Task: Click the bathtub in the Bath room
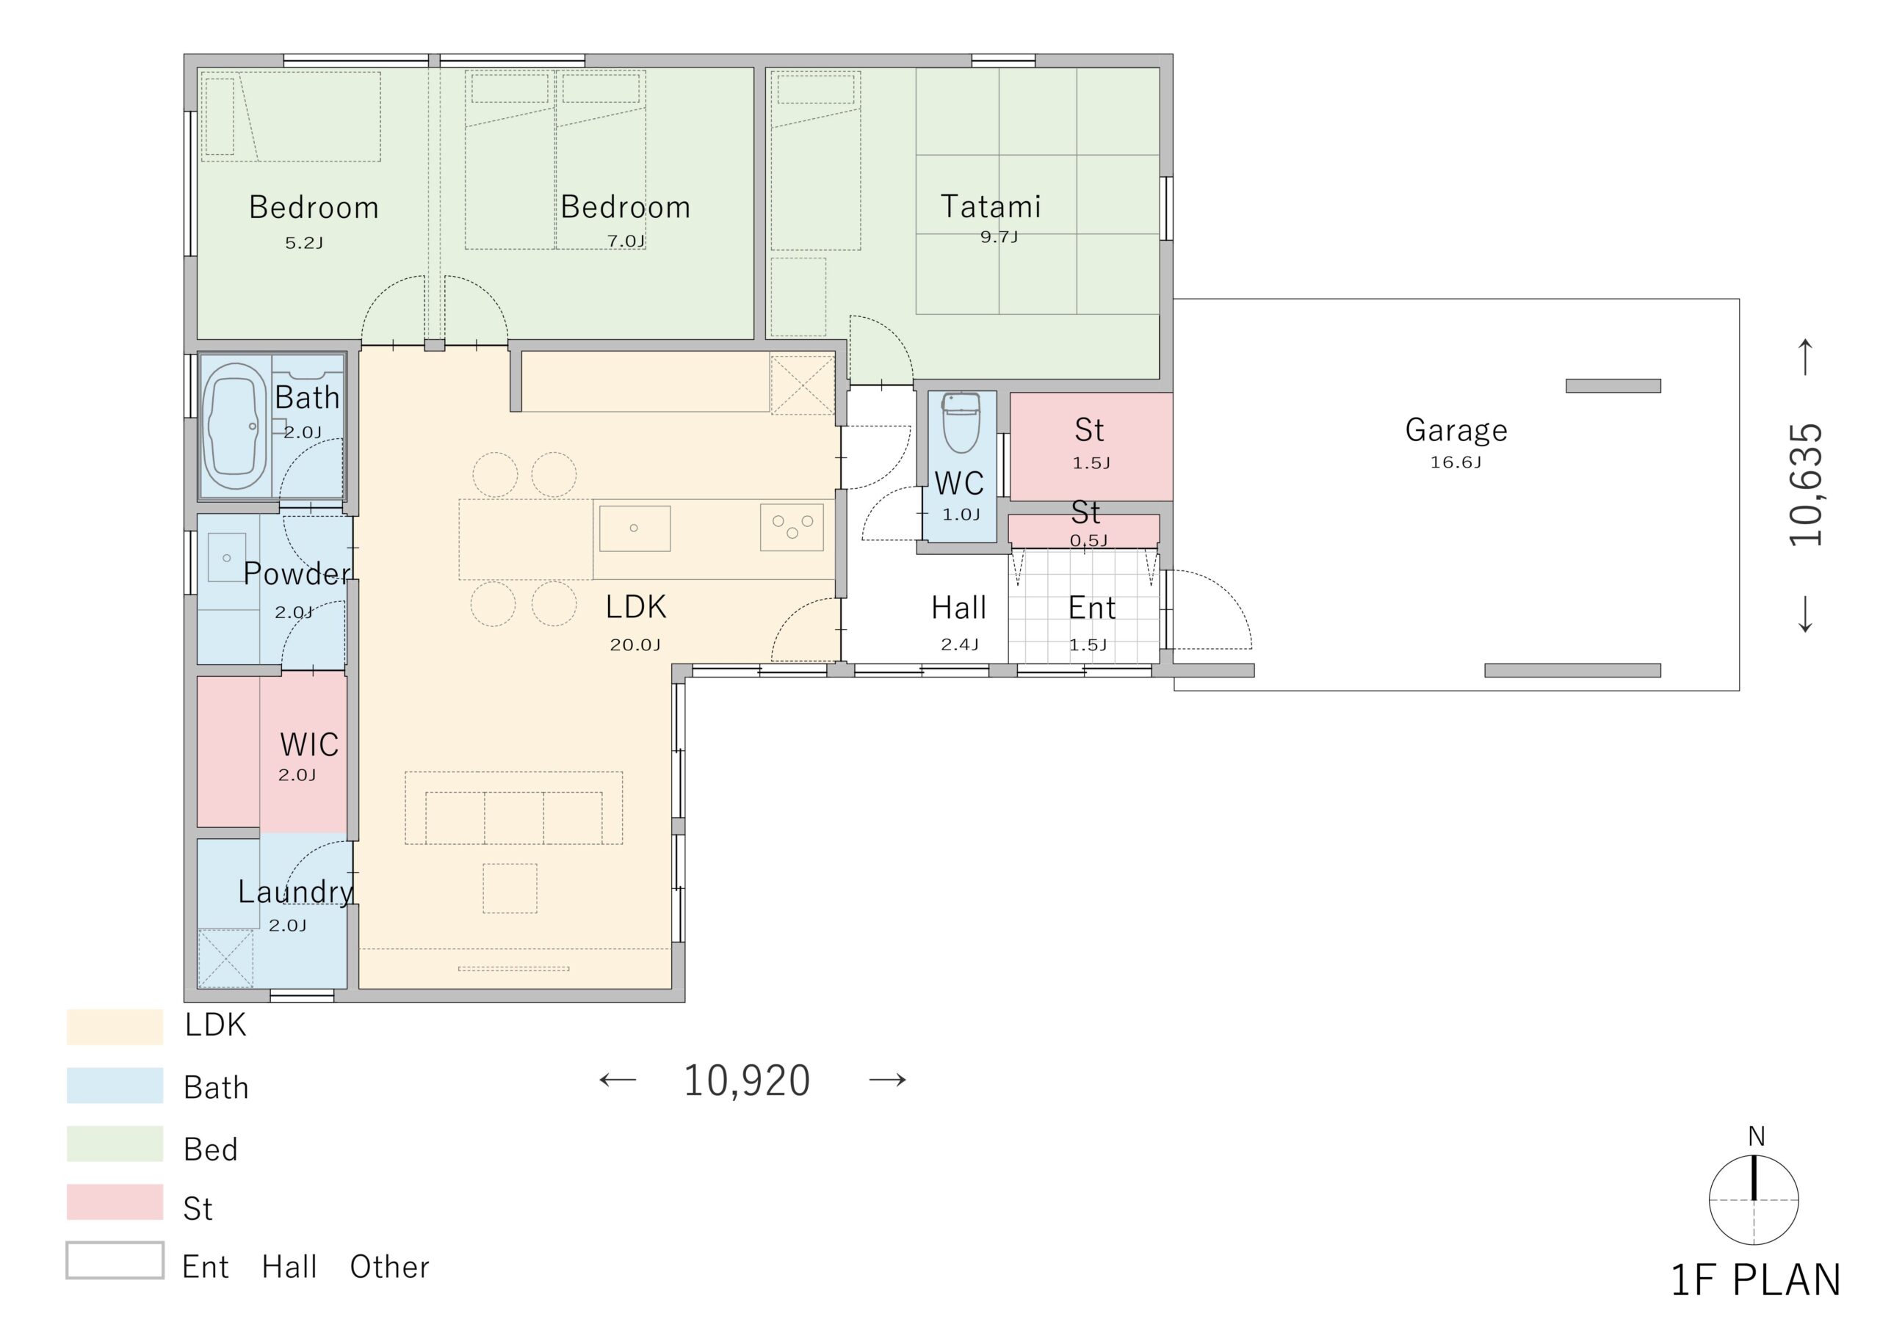pos(235,426)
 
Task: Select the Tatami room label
pos(991,206)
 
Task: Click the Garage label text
pos(1456,430)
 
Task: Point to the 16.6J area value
pos(1455,462)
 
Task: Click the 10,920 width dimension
pos(746,1080)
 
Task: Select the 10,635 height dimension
pos(1805,485)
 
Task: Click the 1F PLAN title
pos(1755,1280)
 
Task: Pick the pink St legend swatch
pos(115,1202)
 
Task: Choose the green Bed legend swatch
pos(115,1144)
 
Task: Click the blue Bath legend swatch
pos(115,1085)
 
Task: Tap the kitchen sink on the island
pos(634,528)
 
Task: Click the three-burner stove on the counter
pos(792,528)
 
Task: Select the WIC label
pos(309,744)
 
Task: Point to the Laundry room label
pos(296,892)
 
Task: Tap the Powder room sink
pos(227,558)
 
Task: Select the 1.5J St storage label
pos(1091,464)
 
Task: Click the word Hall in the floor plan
pos(958,608)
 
